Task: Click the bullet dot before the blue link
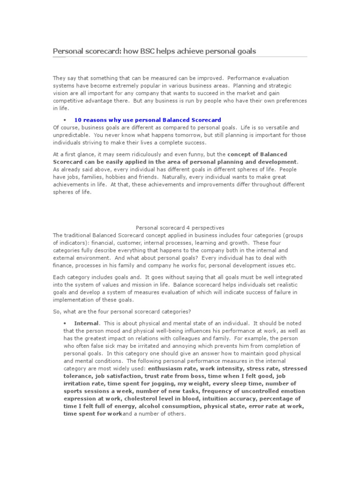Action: [64, 120]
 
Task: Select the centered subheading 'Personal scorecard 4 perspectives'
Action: [180, 227]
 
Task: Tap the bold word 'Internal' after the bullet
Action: [86, 323]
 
